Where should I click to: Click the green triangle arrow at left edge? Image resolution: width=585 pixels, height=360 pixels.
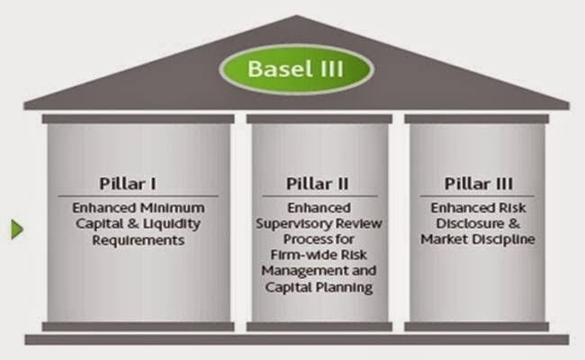click(x=16, y=231)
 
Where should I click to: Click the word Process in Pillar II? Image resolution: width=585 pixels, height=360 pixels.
click(x=285, y=240)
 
